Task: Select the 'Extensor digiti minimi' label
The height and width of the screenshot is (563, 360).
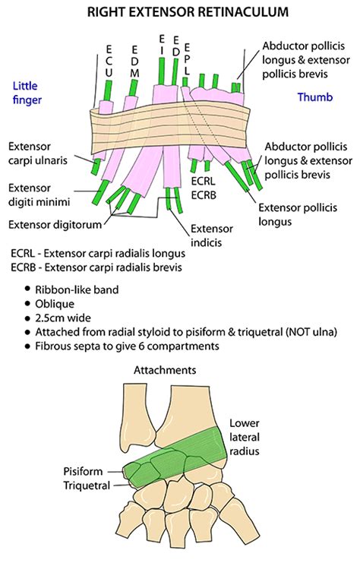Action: click(39, 194)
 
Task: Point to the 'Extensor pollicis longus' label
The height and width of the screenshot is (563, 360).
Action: click(292, 213)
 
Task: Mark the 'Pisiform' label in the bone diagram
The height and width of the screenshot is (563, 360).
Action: click(85, 471)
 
